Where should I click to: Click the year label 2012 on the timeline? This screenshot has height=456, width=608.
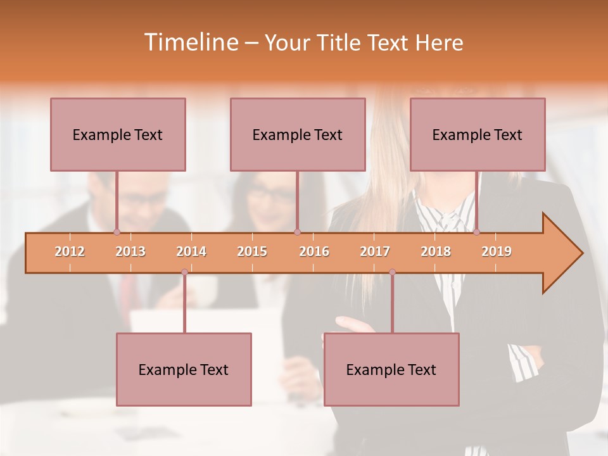pos(70,251)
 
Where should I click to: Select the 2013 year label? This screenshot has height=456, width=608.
pos(130,251)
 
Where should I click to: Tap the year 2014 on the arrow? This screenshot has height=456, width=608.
pos(191,251)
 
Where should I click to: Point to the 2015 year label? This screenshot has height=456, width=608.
pos(252,251)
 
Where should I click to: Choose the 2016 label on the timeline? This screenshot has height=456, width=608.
pos(314,251)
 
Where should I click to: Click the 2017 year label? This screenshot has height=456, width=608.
pos(375,251)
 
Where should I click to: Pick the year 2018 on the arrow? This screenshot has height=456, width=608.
pos(436,251)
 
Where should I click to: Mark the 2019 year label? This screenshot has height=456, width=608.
pos(497,251)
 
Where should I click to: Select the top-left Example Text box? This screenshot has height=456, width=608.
pos(118,134)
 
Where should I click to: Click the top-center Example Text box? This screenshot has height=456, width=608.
pos(298,134)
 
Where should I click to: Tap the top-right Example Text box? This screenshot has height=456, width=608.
pos(478,134)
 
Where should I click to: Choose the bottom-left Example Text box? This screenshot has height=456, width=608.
pos(184,369)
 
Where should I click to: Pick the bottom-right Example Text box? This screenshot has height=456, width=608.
pos(391,369)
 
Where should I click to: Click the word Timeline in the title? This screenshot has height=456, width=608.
pos(190,42)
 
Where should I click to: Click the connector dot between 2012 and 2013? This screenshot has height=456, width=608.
pos(117,232)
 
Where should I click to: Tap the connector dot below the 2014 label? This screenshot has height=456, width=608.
pos(184,272)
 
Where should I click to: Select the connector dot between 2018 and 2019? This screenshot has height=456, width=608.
pos(476,232)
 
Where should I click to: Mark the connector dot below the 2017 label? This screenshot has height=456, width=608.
pos(392,272)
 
